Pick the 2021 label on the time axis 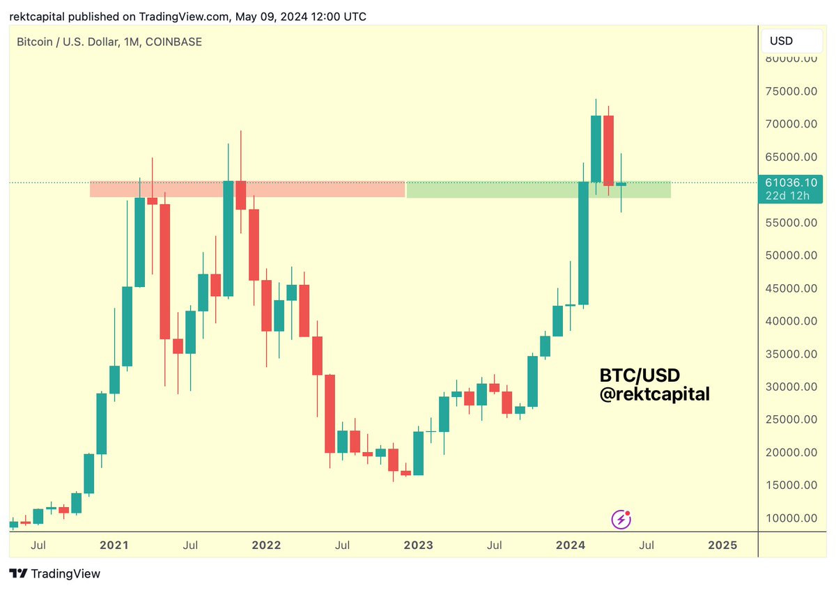(x=114, y=545)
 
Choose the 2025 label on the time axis (x=722, y=545)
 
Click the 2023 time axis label (x=418, y=545)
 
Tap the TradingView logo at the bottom (x=56, y=574)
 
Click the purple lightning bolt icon (x=621, y=519)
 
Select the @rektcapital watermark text (x=654, y=394)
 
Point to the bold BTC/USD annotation (x=640, y=375)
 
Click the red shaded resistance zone (x=247, y=189)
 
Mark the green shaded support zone (x=538, y=189)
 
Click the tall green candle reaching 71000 (x=596, y=148)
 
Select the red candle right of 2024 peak (x=609, y=150)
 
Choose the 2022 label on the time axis (x=266, y=545)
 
